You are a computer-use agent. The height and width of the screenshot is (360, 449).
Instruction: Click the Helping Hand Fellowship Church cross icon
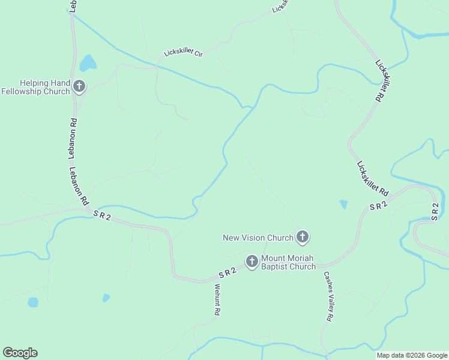(x=79, y=87)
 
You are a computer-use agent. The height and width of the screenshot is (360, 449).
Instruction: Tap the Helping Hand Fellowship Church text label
(x=36, y=87)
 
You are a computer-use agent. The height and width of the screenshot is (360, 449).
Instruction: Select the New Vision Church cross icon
(x=303, y=238)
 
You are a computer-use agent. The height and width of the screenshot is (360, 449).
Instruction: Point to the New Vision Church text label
(x=258, y=238)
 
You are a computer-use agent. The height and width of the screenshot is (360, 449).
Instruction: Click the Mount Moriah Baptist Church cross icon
(x=252, y=261)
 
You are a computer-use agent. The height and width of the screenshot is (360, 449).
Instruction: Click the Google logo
(x=20, y=353)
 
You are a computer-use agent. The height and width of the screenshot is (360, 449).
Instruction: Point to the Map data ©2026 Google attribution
(x=412, y=355)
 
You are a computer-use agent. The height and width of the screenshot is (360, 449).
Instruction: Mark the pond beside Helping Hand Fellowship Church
(x=88, y=62)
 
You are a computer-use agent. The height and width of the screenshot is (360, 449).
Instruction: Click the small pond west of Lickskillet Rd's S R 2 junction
(x=343, y=204)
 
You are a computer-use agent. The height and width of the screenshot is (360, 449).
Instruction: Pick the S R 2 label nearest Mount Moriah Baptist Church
(x=228, y=272)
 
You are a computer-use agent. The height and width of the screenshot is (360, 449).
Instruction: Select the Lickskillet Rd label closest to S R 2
(x=372, y=178)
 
